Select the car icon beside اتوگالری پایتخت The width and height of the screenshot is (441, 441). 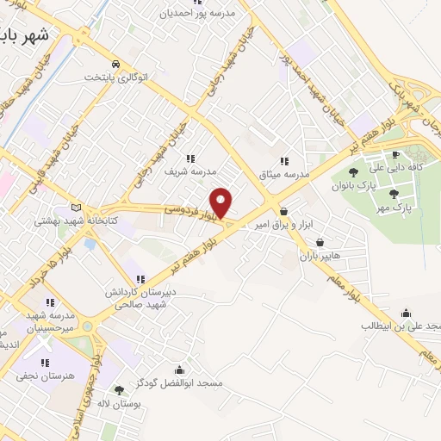point(115,65)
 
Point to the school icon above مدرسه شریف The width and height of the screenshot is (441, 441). point(190,158)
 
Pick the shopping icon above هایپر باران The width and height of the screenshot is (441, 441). point(320,243)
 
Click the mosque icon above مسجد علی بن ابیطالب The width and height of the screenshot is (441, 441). point(407,314)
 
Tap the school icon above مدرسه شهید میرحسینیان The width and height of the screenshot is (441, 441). point(50,302)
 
